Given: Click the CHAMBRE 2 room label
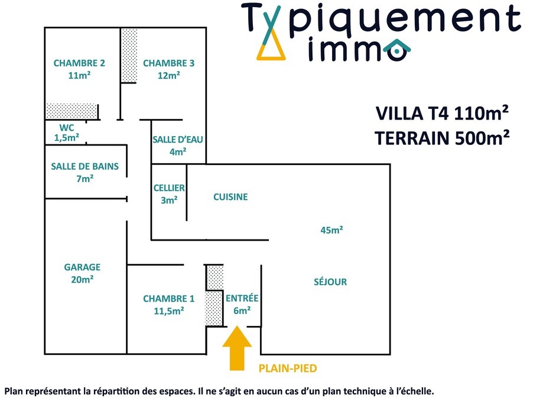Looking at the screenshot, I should point(79,63).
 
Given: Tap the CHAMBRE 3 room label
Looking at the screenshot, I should point(168,63).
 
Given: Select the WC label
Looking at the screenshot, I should point(67,127).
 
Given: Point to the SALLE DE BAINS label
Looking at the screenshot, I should point(84,166).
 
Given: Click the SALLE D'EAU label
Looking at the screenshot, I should point(177,140).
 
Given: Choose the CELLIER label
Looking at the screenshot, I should point(169,188).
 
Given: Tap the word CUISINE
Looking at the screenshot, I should point(230,197).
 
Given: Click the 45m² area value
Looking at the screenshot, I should point(332,230).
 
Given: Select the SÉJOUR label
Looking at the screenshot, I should point(330,282).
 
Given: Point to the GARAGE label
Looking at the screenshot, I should point(82,267).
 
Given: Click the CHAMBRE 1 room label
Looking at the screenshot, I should point(168,299).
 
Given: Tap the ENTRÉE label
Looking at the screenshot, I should point(242,299).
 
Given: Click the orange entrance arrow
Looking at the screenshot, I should point(237,350).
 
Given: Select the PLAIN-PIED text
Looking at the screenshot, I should point(288,368).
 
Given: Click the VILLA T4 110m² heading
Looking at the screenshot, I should point(442,112).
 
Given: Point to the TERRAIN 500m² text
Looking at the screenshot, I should point(442,138).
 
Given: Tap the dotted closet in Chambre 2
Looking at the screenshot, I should point(72,111).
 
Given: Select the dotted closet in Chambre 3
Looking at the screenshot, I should point(129,55).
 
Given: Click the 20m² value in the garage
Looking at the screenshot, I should point(82,279).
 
